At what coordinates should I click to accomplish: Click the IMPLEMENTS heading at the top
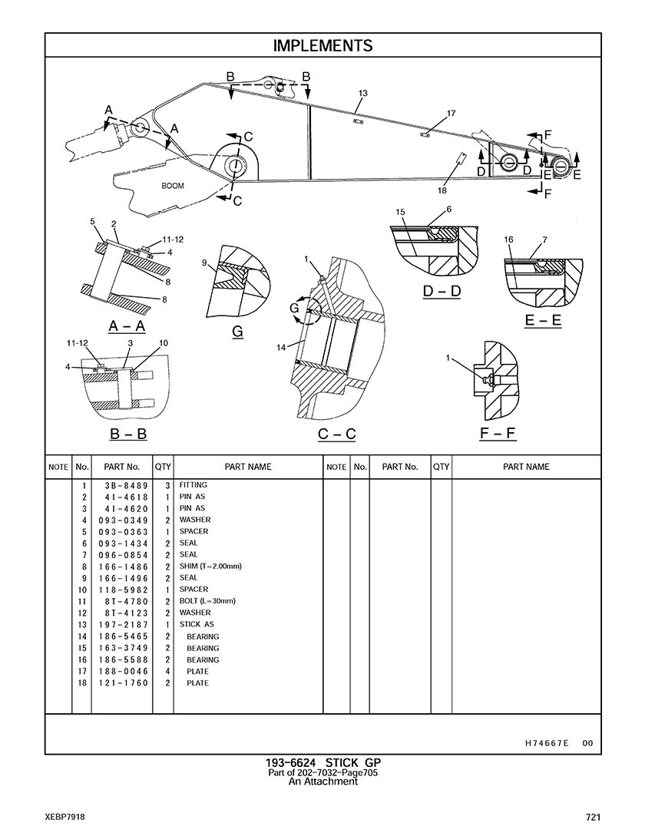pos(322,46)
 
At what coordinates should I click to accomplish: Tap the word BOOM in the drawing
pos(173,186)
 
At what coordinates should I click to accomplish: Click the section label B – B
pos(128,434)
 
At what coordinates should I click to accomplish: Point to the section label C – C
pos(337,435)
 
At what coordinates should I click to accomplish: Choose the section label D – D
pos(442,292)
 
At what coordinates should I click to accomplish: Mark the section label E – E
pos(543,321)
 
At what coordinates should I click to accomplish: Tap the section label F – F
pos(498,435)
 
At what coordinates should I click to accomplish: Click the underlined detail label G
pos(237,331)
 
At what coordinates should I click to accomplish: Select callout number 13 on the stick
pos(363,93)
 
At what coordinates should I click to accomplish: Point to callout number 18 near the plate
pos(442,190)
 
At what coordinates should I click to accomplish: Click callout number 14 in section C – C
pos(282,347)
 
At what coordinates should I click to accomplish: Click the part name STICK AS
pos(192,625)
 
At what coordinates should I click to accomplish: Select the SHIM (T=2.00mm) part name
pos(210,567)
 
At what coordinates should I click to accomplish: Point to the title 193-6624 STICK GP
pos(322,762)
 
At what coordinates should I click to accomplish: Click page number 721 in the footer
pos(592,818)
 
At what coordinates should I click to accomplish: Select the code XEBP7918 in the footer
pos(65,818)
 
